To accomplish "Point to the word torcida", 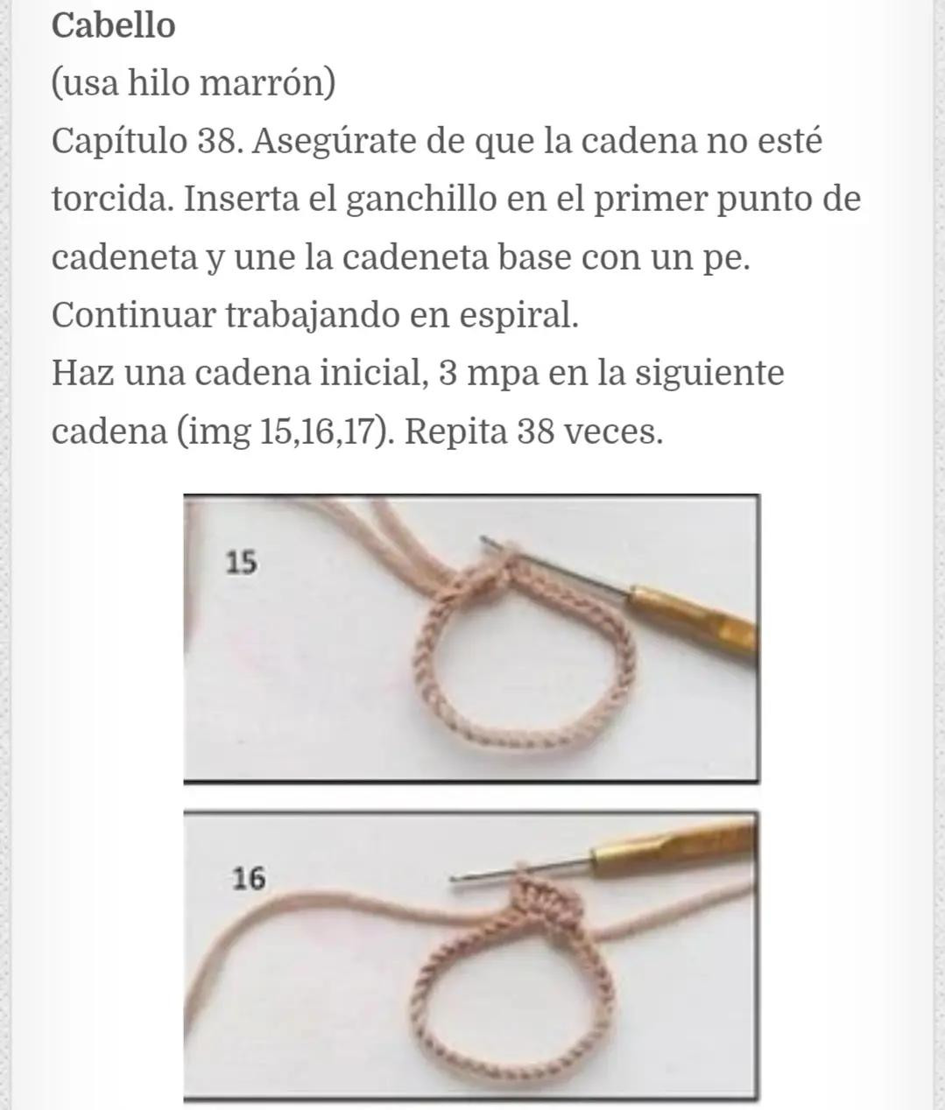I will [111, 199].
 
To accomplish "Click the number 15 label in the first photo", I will [241, 562].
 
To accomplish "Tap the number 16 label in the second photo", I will [249, 877].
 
